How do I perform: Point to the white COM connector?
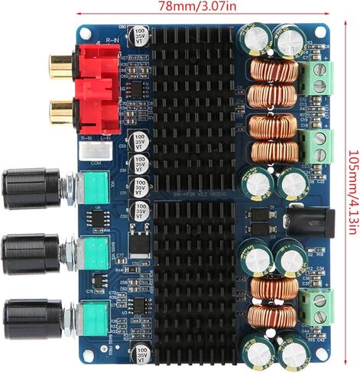96,151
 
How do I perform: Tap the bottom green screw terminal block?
316,305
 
